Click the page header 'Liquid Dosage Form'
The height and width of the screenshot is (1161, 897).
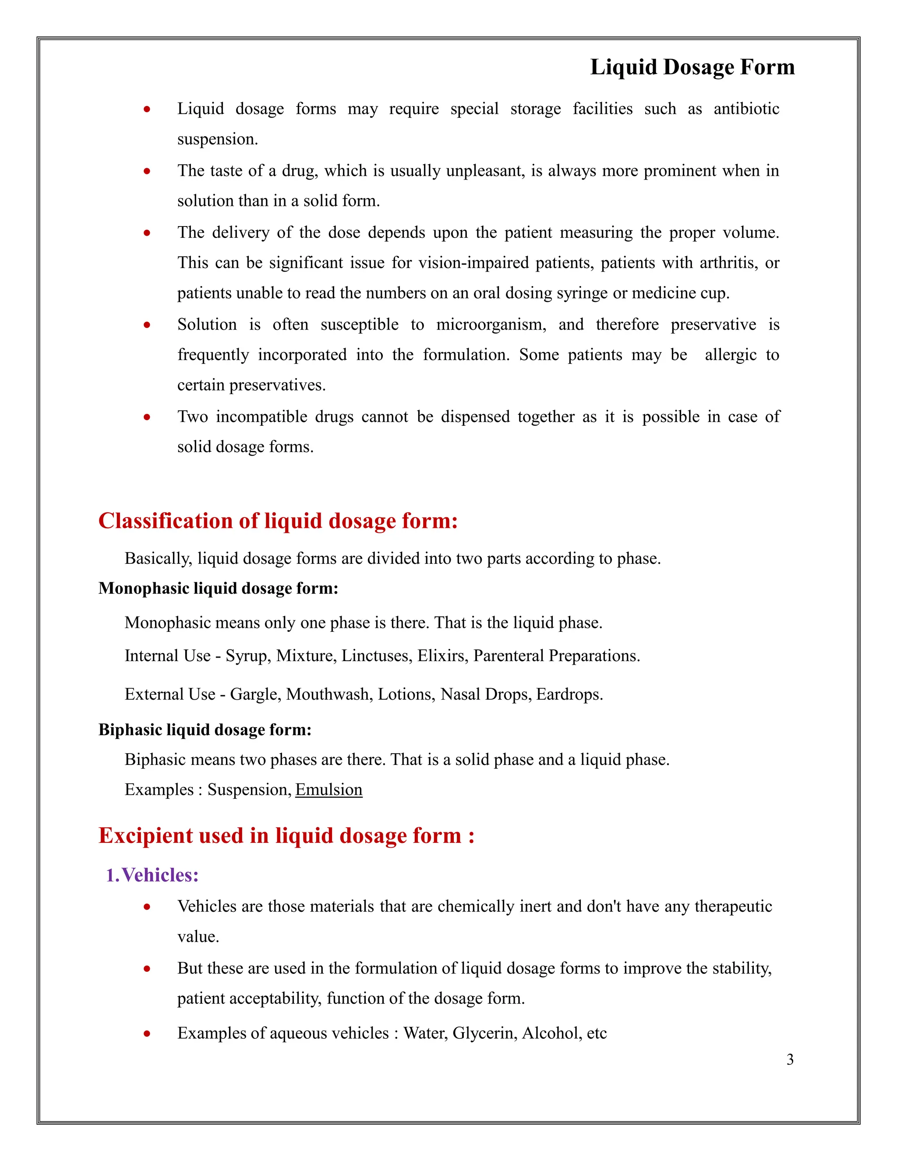coord(692,67)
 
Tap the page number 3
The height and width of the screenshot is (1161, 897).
coord(790,1059)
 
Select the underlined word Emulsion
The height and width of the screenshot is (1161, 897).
coord(328,789)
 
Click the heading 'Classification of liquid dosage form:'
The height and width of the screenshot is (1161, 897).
coord(278,521)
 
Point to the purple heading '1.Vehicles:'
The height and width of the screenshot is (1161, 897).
coord(152,875)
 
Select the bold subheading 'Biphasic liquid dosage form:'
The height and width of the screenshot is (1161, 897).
coord(205,730)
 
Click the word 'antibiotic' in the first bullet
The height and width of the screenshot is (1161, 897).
coord(745,109)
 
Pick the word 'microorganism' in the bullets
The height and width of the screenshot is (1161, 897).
coord(491,325)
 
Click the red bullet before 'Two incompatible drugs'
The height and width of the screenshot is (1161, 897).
coord(147,417)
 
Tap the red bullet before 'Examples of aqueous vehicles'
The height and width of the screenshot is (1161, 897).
coord(147,1034)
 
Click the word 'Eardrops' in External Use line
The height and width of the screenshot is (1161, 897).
coord(569,695)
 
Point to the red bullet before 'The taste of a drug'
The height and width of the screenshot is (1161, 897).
coord(147,171)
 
